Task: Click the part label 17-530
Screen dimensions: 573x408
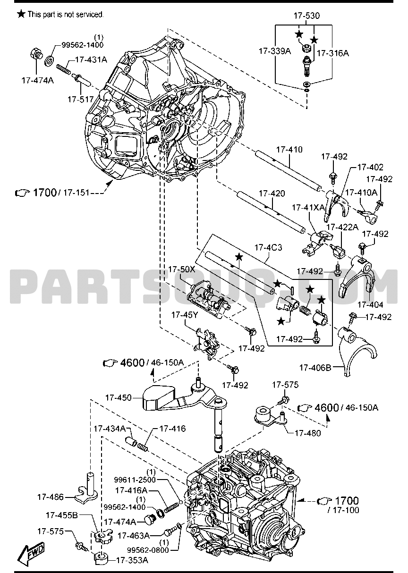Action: pyautogui.click(x=306, y=16)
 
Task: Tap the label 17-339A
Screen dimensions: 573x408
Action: pyautogui.click(x=274, y=52)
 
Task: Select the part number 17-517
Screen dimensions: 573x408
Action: pyautogui.click(x=80, y=100)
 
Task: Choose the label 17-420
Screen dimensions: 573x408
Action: pyautogui.click(x=271, y=194)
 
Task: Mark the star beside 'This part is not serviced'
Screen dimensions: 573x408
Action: pyautogui.click(x=21, y=14)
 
